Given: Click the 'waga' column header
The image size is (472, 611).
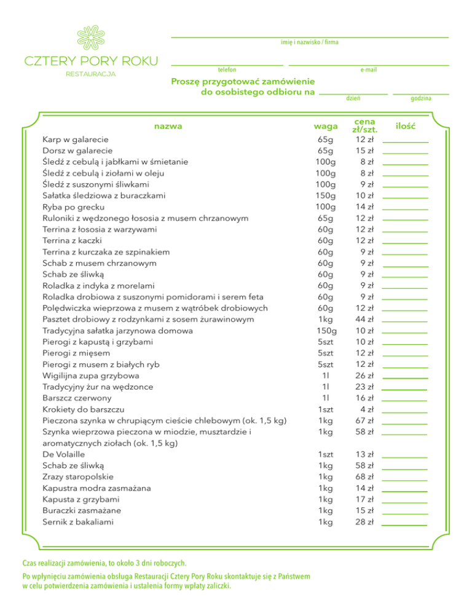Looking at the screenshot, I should click(326, 126).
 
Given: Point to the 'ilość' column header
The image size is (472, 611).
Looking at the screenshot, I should click(406, 126).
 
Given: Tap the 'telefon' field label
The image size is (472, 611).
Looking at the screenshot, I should click(227, 69).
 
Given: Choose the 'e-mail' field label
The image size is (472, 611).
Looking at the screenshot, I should click(369, 69).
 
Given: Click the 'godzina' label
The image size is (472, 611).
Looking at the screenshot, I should click(421, 98).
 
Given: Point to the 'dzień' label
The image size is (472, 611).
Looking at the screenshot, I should click(353, 98).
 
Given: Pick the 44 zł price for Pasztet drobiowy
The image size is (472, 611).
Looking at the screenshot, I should click(366, 319).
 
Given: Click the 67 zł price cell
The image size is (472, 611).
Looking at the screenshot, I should click(366, 420).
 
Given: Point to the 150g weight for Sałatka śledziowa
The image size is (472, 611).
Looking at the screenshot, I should click(325, 195).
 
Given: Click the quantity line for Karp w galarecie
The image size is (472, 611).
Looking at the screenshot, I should click(405, 142).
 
